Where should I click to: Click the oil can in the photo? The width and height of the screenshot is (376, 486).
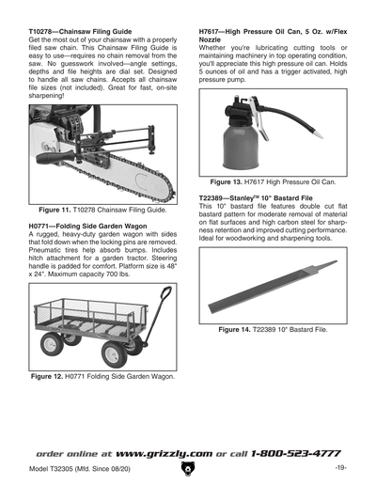coord(247,146)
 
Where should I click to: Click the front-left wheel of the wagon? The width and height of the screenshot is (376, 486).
coord(115,353)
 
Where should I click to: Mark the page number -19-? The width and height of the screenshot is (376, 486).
coord(340,467)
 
